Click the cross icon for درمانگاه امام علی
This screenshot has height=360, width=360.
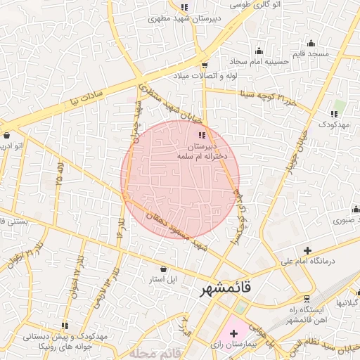[307, 250]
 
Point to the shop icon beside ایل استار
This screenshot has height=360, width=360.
[164, 268]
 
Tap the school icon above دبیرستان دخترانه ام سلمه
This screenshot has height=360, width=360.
[202, 134]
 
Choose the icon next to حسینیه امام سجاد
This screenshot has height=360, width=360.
[259, 50]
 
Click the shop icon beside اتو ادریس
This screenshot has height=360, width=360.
[6, 136]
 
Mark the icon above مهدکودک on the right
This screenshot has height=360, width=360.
[335, 112]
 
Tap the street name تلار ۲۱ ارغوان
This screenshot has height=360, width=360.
[21, 257]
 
